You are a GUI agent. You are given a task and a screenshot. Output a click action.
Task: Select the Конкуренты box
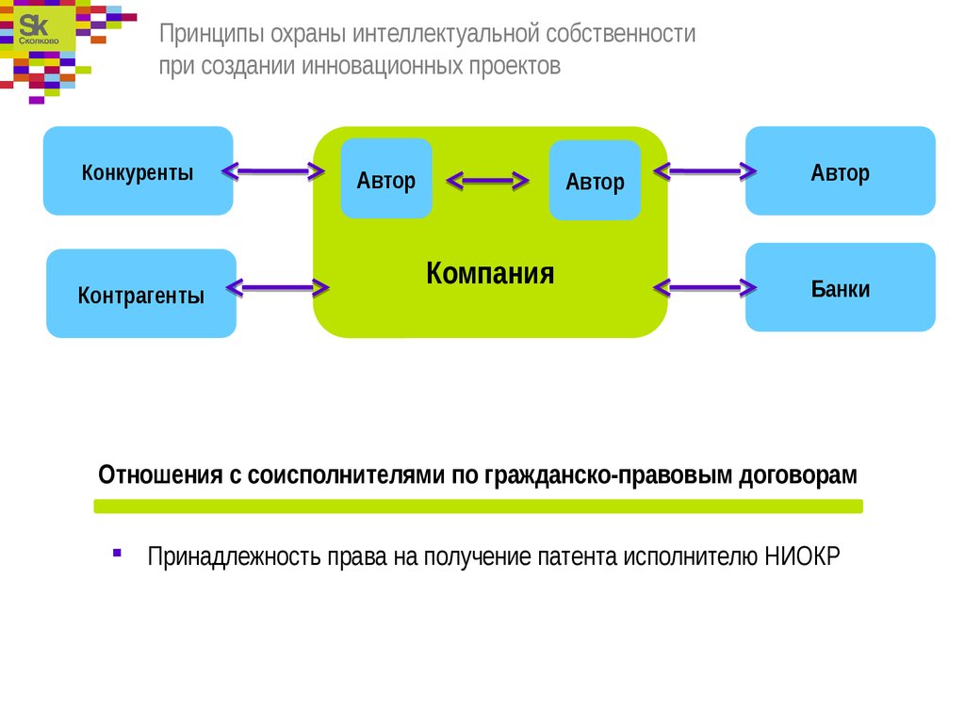[x=138, y=171]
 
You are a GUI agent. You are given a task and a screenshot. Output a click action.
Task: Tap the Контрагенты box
[x=141, y=295]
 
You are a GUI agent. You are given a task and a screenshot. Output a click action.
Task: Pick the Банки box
[x=841, y=288]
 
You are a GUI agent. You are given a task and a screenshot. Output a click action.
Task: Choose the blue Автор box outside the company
[x=841, y=172]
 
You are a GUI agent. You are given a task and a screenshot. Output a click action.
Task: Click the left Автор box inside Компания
[x=386, y=179]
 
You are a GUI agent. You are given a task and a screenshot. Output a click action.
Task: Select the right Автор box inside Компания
[x=595, y=181]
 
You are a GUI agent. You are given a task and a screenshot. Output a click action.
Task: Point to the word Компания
[x=490, y=274]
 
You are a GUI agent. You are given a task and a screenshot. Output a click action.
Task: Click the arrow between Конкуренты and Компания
[x=273, y=171]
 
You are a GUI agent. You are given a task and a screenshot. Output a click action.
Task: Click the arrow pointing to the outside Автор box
[x=706, y=171]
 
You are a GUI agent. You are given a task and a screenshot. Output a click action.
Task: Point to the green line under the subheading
[x=478, y=506]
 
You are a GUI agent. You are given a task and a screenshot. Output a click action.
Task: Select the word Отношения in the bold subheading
[x=159, y=474]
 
